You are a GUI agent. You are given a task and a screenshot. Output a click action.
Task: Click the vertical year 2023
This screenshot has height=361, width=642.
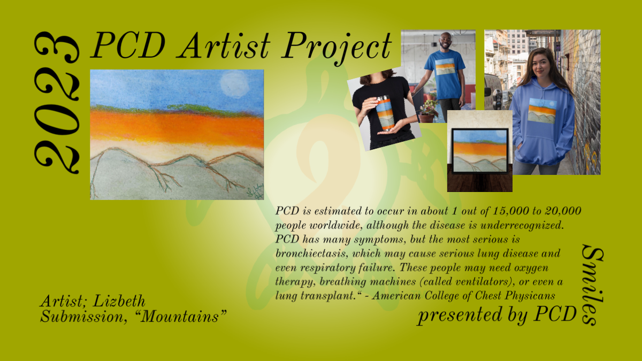[x=57, y=103]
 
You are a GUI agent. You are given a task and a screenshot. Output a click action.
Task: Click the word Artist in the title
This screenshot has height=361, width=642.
[x=224, y=45]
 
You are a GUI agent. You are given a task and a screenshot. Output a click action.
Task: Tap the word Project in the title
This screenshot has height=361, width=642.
[x=337, y=48]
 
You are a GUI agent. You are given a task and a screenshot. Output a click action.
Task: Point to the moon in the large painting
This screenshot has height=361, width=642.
[x=234, y=85]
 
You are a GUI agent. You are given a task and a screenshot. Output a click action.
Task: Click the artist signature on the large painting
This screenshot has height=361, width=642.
[x=255, y=193]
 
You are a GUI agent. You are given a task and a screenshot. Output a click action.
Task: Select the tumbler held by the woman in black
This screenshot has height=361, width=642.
[x=385, y=114]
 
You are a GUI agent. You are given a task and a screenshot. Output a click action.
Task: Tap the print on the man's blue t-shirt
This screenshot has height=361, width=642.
[x=445, y=67]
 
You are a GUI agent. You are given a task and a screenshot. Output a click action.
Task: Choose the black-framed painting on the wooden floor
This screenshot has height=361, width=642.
[x=480, y=151]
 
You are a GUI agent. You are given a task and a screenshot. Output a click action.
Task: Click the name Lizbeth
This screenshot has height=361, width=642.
[x=119, y=302]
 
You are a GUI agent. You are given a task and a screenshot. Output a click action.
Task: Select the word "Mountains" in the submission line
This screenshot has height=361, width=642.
[x=180, y=317]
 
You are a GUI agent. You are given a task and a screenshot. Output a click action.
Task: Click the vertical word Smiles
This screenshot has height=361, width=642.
[x=592, y=286]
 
